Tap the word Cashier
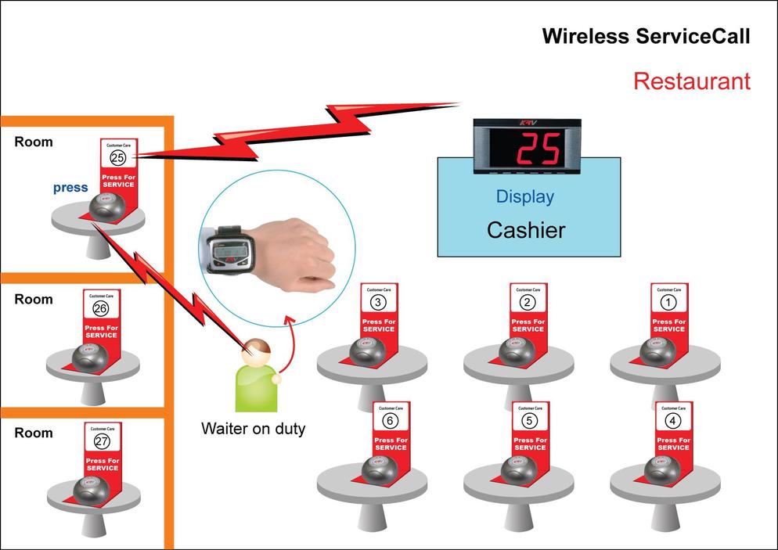pyautogui.click(x=526, y=230)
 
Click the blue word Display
pyautogui.click(x=524, y=196)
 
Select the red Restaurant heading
pyautogui.click(x=691, y=81)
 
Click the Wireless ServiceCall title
pyautogui.click(x=646, y=36)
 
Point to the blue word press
pyautogui.click(x=70, y=188)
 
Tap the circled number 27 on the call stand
pyautogui.click(x=102, y=441)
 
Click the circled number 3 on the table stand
pyautogui.click(x=378, y=302)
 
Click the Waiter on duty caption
pyautogui.click(x=253, y=429)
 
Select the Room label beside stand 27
pyautogui.click(x=34, y=433)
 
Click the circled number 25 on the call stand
pyautogui.click(x=117, y=157)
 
